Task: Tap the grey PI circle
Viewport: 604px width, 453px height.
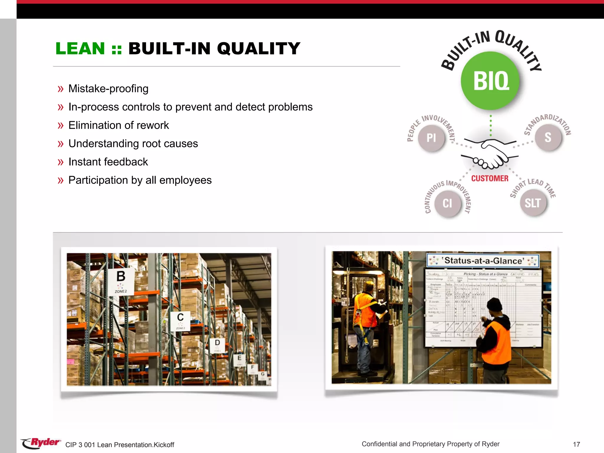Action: pos(431,138)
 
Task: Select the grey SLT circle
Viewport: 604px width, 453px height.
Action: pos(533,203)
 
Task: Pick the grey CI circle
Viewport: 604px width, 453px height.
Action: pos(447,203)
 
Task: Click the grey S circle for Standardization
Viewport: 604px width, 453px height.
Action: pos(548,137)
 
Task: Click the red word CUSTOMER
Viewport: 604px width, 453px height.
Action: pos(490,178)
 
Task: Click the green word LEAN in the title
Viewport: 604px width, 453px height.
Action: pos(80,48)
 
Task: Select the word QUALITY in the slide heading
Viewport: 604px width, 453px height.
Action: pos(259,48)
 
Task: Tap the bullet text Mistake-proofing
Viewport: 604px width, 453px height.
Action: pos(108,88)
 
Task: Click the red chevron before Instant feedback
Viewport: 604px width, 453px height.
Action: pos(60,162)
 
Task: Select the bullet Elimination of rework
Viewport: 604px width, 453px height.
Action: pos(119,125)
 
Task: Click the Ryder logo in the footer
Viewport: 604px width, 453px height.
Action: pos(41,443)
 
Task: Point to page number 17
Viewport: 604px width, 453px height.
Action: pos(576,444)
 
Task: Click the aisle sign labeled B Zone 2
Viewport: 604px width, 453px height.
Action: pos(121,281)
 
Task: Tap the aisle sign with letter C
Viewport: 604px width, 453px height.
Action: pos(180,321)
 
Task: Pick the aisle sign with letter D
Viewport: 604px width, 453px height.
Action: pos(217,345)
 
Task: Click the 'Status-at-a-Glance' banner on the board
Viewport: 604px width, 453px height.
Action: pos(483,261)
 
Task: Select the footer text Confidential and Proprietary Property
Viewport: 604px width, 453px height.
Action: pos(430,444)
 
